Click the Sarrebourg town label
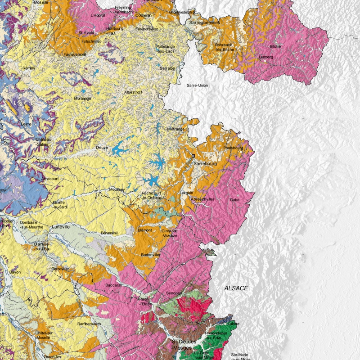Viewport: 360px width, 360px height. pyautogui.click(x=205, y=164)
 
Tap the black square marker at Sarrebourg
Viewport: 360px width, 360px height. pyautogui.click(x=193, y=155)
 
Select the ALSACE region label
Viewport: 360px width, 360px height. pyautogui.click(x=236, y=288)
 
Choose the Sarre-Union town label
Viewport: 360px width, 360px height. pyautogui.click(x=197, y=85)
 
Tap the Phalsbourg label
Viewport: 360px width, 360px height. pyautogui.click(x=233, y=148)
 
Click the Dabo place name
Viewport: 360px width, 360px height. pyautogui.click(x=234, y=200)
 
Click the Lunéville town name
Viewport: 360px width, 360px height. pyautogui.click(x=61, y=227)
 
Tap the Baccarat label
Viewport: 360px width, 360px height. pyautogui.click(x=114, y=285)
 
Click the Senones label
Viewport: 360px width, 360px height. pyautogui.click(x=174, y=293)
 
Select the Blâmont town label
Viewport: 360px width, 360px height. pyautogui.click(x=145, y=230)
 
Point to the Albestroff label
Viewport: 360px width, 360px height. pyautogui.click(x=133, y=92)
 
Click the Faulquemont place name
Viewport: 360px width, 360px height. pyautogui.click(x=75, y=54)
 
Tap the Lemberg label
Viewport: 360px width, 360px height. pyautogui.click(x=266, y=57)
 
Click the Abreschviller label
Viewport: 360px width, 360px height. pyautogui.click(x=202, y=198)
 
